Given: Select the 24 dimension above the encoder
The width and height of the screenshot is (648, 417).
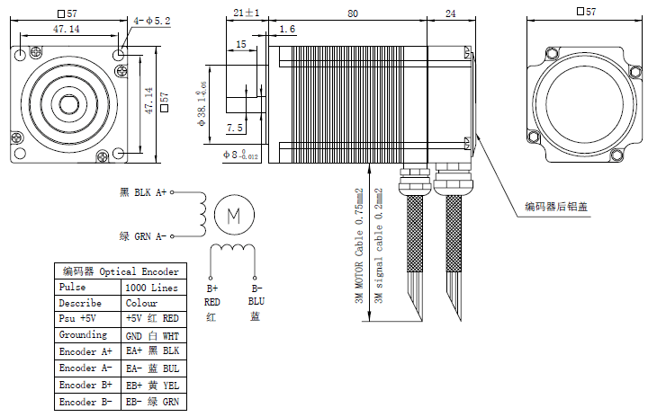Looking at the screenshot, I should click(x=450, y=13).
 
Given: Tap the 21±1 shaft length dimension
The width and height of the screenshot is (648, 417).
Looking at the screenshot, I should click(x=246, y=13).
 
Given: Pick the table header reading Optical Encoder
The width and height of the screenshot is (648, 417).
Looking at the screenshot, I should click(x=120, y=271).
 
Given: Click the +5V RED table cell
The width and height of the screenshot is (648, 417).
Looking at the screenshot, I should click(x=152, y=319).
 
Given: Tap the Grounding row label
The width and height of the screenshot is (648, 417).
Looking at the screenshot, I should click(x=83, y=335).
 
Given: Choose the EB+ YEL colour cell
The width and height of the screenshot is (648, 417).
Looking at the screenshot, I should click(x=152, y=385).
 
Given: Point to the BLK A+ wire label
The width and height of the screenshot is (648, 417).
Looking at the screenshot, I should click(x=143, y=192).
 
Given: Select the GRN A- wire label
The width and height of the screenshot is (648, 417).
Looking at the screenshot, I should click(x=143, y=236).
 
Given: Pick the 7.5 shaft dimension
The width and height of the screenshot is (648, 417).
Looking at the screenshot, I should click(x=235, y=128).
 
